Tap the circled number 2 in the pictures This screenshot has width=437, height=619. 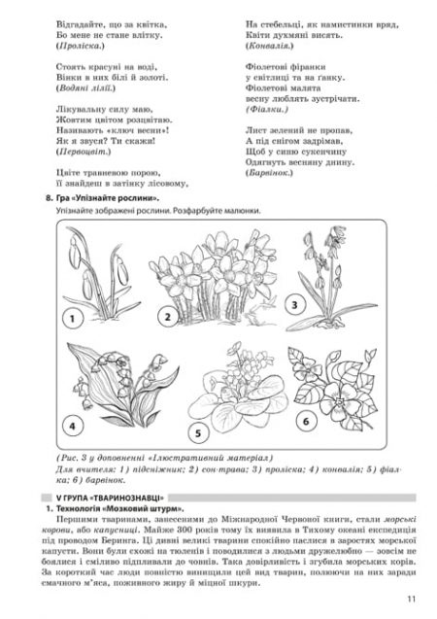167,317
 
